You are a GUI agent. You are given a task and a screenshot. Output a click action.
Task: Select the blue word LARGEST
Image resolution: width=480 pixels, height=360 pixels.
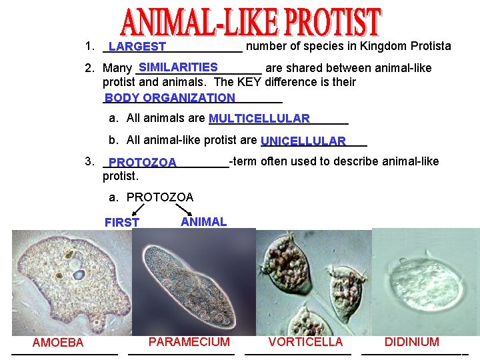coord(137,47)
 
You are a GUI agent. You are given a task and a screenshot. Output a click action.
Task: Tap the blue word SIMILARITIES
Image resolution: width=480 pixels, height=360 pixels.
coord(178,67)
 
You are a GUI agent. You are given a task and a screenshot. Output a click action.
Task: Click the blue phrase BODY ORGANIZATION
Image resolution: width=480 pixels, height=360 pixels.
coord(169,98)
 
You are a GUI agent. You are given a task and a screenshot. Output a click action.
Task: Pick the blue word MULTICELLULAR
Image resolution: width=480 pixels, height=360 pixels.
coord(259,119)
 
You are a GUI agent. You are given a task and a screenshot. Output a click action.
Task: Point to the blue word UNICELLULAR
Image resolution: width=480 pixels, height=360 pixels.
coord(303,141)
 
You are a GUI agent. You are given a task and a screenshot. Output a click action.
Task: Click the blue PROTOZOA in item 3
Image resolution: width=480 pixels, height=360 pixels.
coord(142,163)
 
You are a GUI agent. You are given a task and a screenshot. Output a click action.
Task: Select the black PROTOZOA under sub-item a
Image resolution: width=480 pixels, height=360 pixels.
coord(160,197)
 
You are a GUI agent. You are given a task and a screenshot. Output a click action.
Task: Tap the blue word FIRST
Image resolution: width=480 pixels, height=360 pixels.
coord(122,223)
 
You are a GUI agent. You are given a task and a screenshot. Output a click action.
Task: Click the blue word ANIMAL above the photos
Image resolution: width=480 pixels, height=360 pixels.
coord(203,222)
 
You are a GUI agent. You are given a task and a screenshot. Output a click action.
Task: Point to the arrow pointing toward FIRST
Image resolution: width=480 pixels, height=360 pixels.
coord(139,211)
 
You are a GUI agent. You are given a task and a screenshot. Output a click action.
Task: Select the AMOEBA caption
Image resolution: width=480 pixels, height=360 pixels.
coord(58,343)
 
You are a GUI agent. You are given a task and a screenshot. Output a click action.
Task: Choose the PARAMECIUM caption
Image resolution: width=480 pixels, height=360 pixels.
coord(189,342)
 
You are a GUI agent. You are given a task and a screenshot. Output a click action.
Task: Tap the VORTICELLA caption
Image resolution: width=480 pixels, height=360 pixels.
coord(305,342)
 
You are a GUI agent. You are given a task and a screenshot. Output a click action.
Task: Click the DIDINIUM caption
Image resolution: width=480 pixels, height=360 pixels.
coord(411,342)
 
